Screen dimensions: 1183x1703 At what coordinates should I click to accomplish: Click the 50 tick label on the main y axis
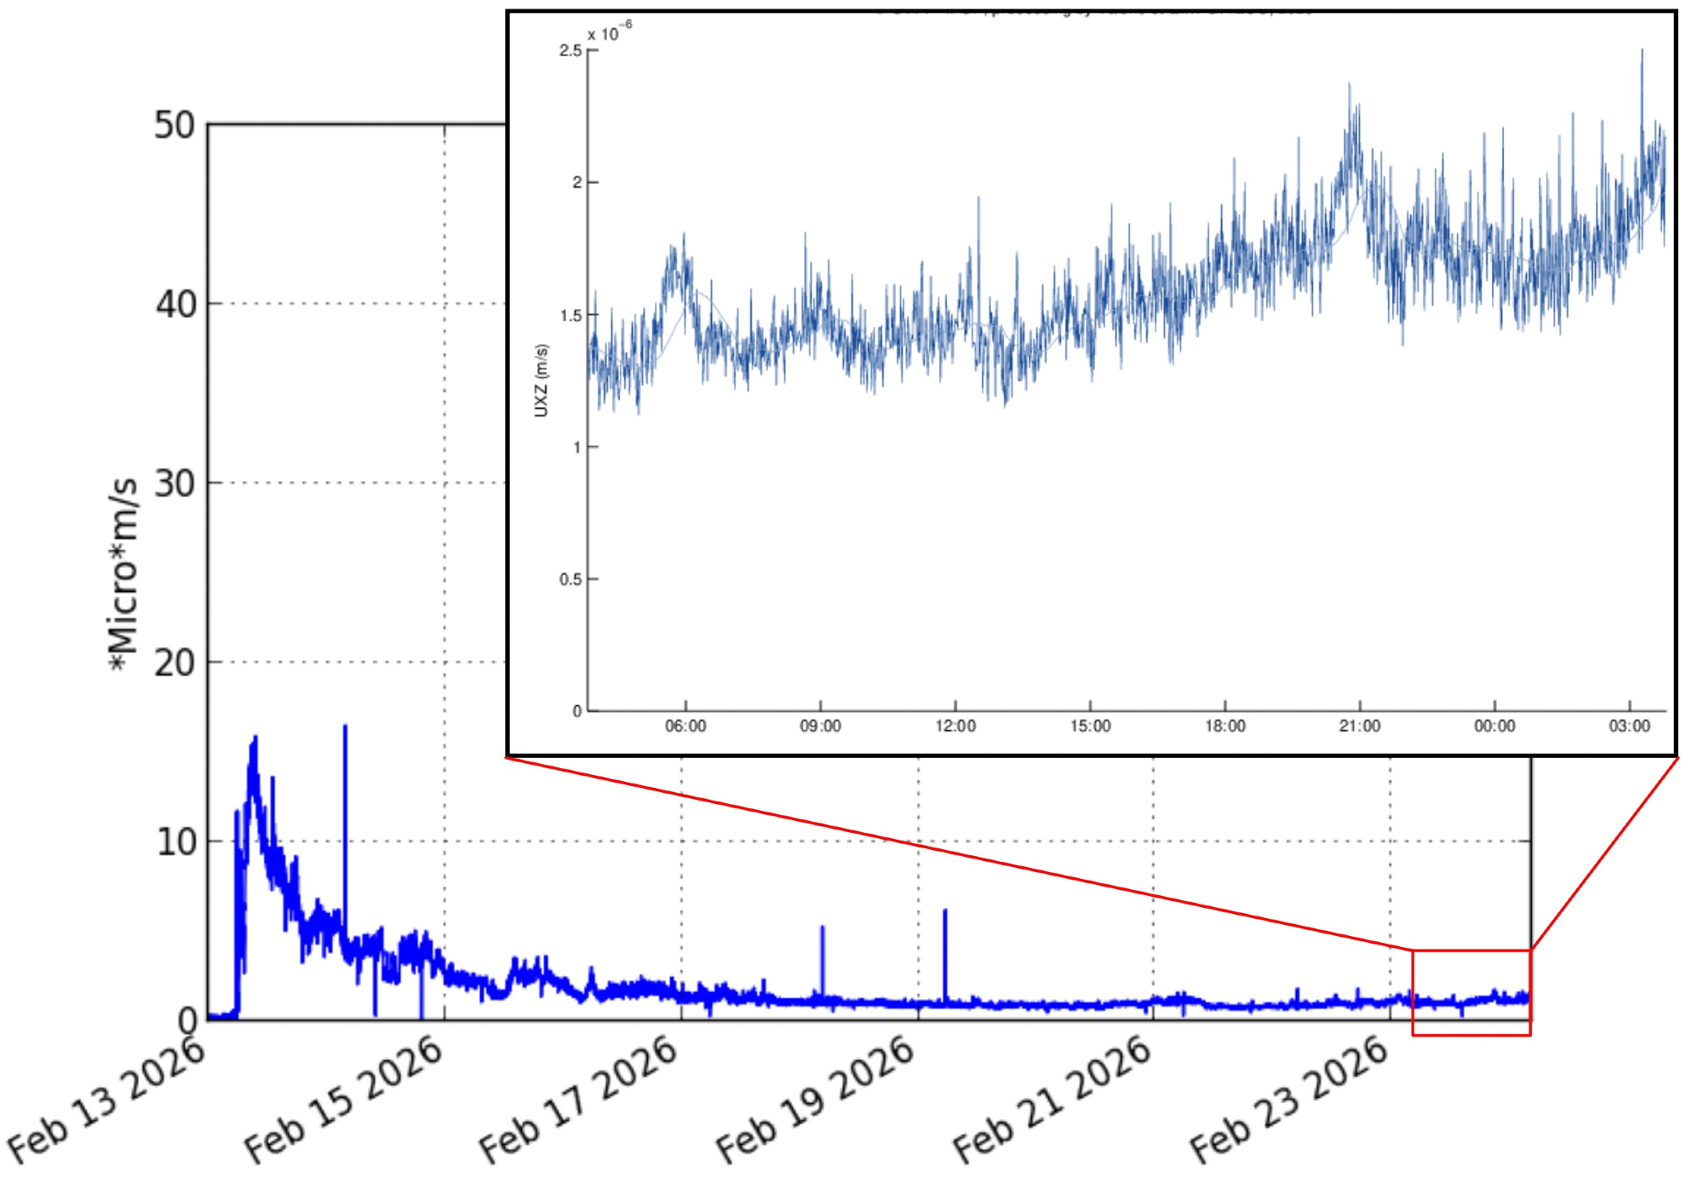(x=175, y=126)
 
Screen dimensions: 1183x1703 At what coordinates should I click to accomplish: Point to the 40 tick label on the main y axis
(x=175, y=305)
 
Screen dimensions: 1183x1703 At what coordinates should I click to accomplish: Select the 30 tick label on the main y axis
(x=175, y=484)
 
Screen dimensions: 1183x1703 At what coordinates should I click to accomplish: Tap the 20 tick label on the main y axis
(x=175, y=663)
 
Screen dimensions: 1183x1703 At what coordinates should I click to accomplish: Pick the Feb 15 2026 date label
(x=344, y=1100)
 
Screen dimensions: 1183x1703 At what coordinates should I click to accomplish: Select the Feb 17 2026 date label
(x=580, y=1100)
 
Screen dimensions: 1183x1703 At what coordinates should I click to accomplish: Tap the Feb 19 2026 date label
(x=816, y=1100)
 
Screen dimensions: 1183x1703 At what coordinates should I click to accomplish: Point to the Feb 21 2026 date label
(x=1052, y=1100)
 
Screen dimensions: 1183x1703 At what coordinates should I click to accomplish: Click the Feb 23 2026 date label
(x=1289, y=1100)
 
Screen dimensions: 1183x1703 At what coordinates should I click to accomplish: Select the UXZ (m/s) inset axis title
(x=542, y=381)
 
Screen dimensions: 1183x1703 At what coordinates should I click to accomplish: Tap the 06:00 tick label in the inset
(x=685, y=726)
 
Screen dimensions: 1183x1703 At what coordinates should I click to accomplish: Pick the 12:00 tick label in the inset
(x=955, y=726)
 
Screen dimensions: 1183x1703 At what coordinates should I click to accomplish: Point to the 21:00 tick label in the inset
(x=1360, y=726)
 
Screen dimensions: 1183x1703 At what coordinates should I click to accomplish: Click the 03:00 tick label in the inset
(x=1629, y=726)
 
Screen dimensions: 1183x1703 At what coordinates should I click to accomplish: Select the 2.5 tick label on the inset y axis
(x=571, y=51)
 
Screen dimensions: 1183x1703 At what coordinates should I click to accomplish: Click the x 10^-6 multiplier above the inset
(x=610, y=32)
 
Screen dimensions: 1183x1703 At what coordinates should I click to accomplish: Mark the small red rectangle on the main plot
(x=1471, y=992)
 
